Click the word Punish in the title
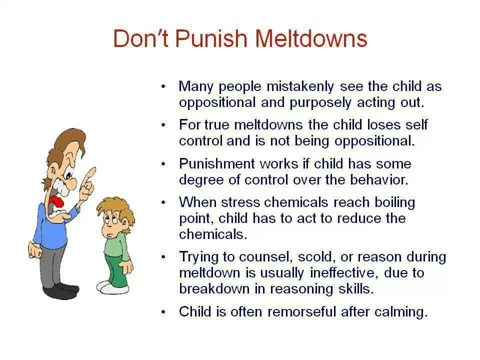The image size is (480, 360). click(211, 38)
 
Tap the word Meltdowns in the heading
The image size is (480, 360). click(311, 38)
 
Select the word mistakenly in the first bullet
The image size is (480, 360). click(300, 86)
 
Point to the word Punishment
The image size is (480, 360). click(216, 163)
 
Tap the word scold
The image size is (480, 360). click(315, 257)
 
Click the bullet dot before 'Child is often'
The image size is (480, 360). click(164, 312)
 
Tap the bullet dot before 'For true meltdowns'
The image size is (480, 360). click(164, 125)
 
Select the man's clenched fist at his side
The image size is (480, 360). click(34, 250)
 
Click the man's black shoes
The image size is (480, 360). click(60, 290)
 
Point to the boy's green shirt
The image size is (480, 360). click(117, 244)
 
